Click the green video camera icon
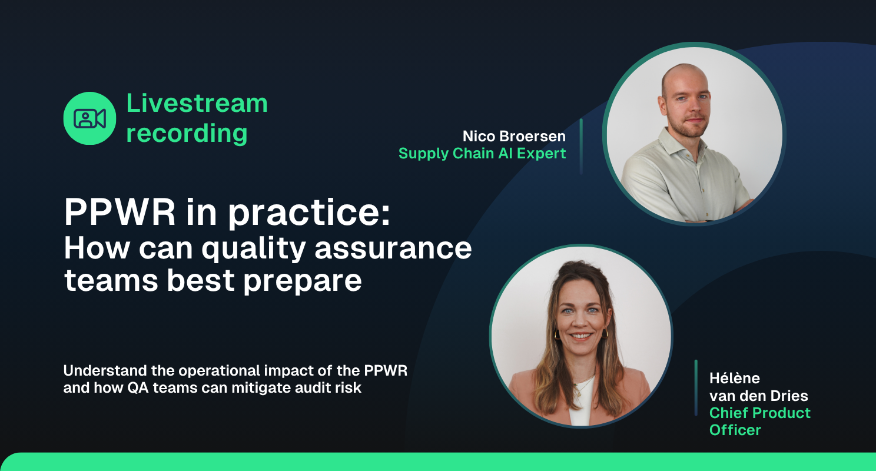89,118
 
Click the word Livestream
197,103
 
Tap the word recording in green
187,133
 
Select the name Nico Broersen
513,137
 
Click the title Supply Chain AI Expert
482,154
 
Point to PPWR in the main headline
120,213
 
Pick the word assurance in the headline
393,248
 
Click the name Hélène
735,377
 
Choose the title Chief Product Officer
759,421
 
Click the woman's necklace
579,386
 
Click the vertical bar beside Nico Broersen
581,146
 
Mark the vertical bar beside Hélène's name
696,388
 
